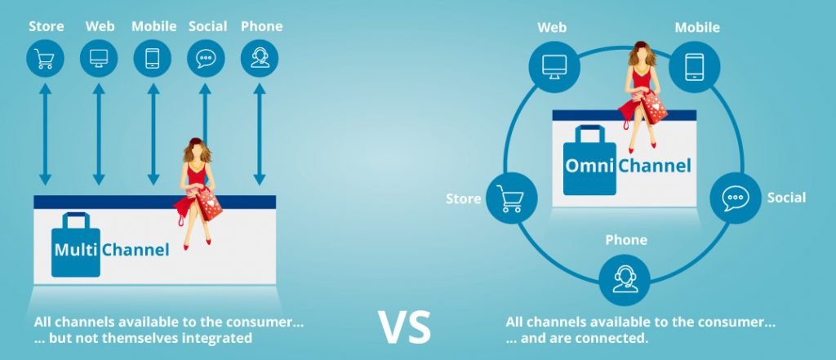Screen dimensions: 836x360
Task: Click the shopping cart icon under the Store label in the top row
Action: [x=45, y=58]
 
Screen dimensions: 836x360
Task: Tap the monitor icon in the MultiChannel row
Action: [x=99, y=58]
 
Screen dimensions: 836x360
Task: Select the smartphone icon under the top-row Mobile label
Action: [x=153, y=58]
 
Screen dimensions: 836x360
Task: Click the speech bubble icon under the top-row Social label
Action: [x=206, y=58]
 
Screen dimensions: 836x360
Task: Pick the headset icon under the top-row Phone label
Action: [x=260, y=58]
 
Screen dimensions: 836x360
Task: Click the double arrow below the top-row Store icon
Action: [x=46, y=135]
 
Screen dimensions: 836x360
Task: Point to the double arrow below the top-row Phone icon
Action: [x=260, y=135]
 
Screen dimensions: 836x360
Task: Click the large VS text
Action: [x=404, y=327]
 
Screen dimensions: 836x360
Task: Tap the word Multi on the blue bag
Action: [x=76, y=250]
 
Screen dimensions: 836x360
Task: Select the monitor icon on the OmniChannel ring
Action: [x=554, y=67]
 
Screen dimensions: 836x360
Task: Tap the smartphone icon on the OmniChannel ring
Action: [x=694, y=67]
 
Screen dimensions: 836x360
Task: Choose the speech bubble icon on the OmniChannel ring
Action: [x=736, y=198]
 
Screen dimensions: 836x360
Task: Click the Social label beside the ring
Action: [x=786, y=198]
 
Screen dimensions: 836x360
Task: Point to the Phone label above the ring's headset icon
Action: [x=626, y=240]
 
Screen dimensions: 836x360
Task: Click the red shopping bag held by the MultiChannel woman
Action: [x=209, y=203]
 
